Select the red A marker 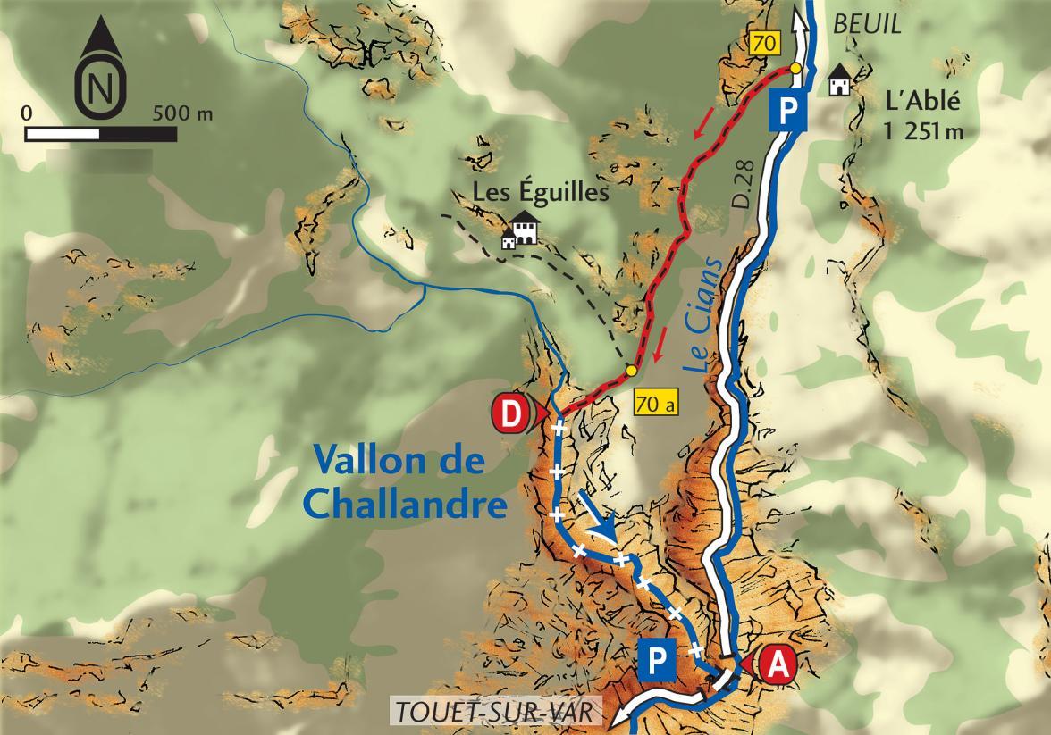pyautogui.click(x=777, y=664)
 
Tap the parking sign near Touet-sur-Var pyautogui.click(x=658, y=659)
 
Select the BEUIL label pyautogui.click(x=866, y=25)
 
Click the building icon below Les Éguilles pyautogui.click(x=520, y=230)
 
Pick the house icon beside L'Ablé pyautogui.click(x=839, y=79)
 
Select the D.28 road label pyautogui.click(x=743, y=188)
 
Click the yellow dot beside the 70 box pyautogui.click(x=794, y=68)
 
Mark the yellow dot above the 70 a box pyautogui.click(x=631, y=370)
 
